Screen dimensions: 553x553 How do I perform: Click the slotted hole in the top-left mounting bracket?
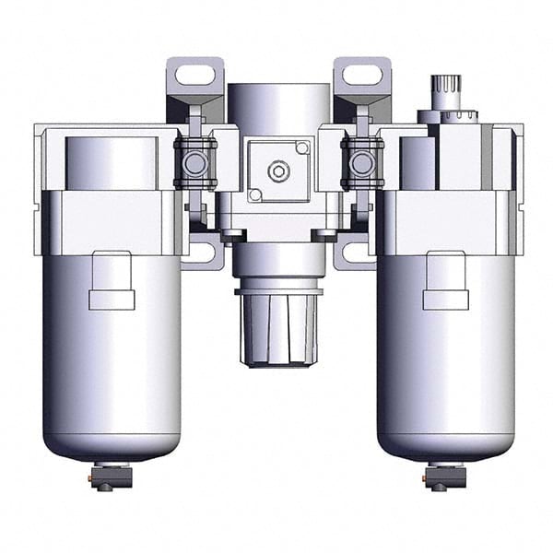coord(195,76)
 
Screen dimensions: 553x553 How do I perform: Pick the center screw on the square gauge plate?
coord(276,171)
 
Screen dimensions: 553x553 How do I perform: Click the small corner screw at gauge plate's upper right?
coord(300,148)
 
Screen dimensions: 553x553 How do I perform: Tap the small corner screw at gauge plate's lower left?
coord(254,194)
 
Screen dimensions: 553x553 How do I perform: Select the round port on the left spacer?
coord(195,163)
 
